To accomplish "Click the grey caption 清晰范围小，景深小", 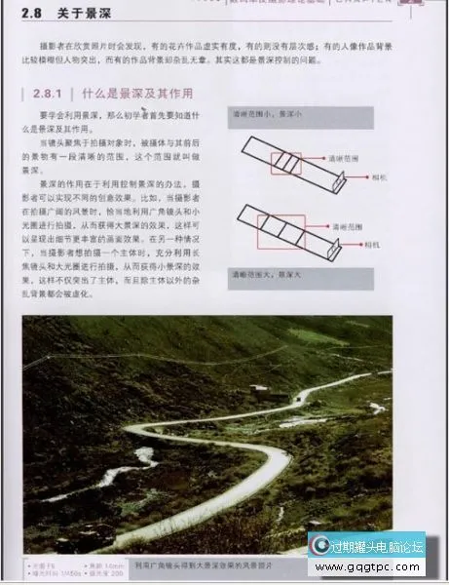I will [x=264, y=115].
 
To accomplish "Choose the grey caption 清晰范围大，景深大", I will [x=264, y=276].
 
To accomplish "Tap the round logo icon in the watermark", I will [x=319, y=546].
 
